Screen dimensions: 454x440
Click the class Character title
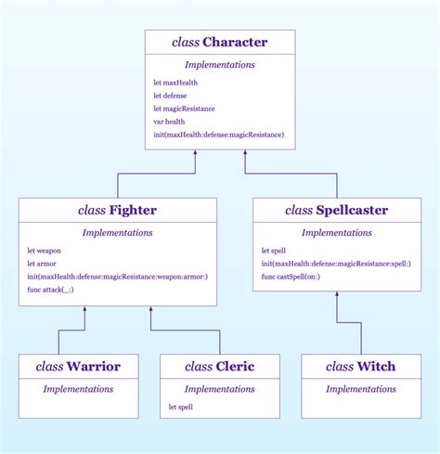(x=220, y=43)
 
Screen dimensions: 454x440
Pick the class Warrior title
(x=79, y=367)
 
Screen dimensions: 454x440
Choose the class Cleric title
(x=219, y=367)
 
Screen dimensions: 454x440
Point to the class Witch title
(x=361, y=367)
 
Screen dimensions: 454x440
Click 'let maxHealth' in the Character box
(x=175, y=83)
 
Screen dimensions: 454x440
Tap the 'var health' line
(x=170, y=122)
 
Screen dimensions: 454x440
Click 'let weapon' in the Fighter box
(x=44, y=251)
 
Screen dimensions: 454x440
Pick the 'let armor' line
(x=42, y=264)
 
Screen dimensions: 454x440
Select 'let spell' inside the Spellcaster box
(x=273, y=251)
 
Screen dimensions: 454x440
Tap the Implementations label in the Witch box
(x=361, y=388)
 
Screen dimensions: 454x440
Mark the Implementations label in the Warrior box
(x=79, y=388)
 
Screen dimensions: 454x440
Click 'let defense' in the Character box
(x=170, y=96)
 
